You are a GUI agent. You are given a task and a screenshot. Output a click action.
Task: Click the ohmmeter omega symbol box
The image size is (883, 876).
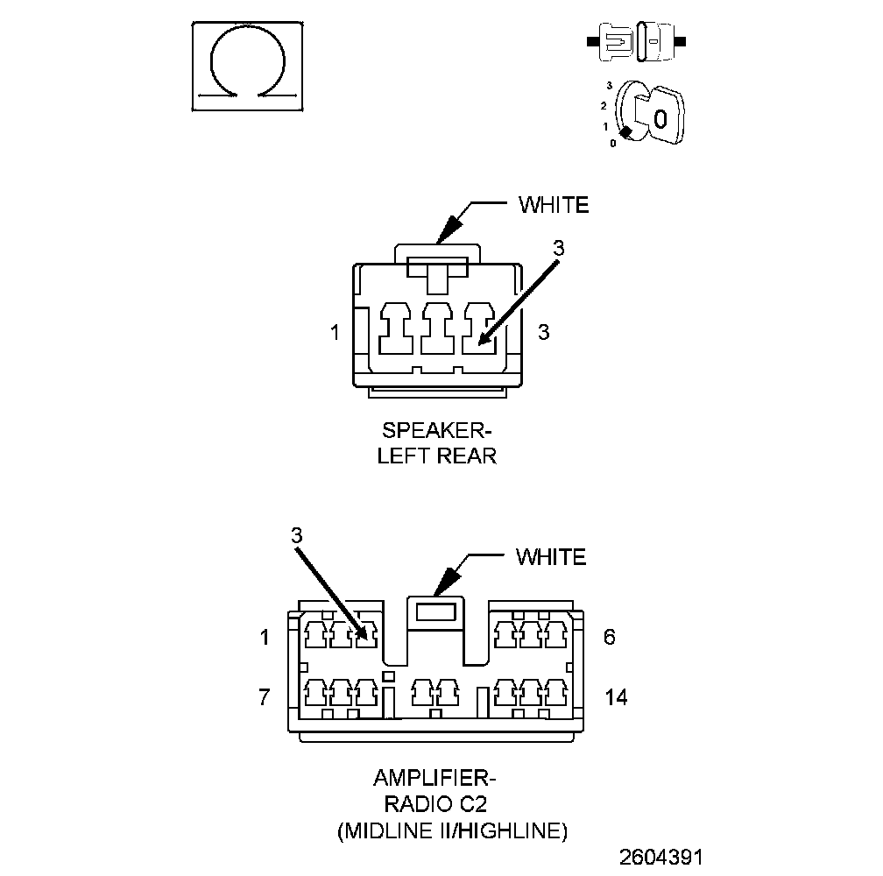(249, 67)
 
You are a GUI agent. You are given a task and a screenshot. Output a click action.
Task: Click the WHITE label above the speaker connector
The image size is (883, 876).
(554, 205)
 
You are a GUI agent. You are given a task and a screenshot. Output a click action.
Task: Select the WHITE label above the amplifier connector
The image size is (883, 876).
(550, 556)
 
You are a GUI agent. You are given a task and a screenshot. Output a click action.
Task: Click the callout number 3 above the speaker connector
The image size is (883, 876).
(559, 249)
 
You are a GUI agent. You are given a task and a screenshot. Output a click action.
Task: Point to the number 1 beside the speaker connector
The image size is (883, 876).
(335, 333)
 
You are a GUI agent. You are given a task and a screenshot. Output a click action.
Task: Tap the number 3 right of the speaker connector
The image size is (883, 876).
(543, 333)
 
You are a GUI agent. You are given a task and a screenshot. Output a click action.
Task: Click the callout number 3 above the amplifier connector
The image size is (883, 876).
(296, 534)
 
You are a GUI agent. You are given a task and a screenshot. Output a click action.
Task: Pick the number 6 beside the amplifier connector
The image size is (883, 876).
(610, 637)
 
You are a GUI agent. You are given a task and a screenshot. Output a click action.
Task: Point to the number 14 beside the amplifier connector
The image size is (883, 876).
(616, 697)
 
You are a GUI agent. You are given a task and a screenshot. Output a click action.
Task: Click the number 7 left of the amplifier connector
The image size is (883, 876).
(265, 697)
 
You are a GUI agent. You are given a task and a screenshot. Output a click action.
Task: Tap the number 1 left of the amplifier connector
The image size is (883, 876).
(265, 637)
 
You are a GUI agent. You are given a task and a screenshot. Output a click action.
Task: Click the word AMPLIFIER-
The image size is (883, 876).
(436, 778)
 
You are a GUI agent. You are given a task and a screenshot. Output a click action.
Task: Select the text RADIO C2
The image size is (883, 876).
(436, 804)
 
